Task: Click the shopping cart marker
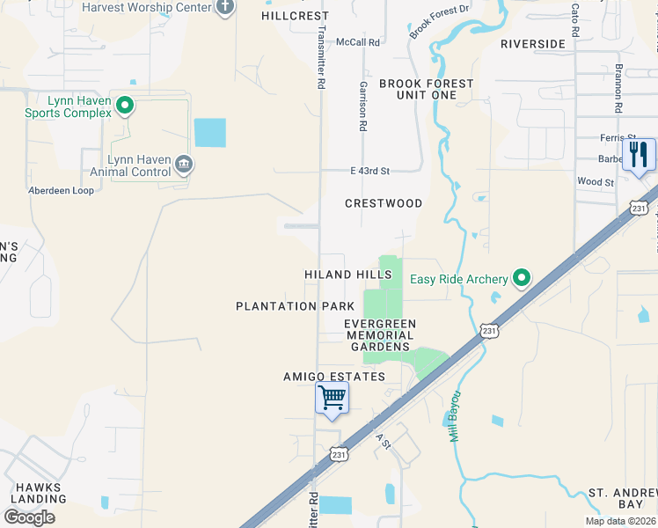(333, 399)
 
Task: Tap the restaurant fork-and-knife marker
(638, 156)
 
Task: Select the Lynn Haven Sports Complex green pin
(125, 106)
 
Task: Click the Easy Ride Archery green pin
(522, 279)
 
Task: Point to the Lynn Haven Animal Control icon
(183, 164)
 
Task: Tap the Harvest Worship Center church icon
(225, 7)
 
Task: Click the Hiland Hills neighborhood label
(348, 275)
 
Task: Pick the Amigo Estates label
(334, 377)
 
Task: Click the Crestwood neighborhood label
(384, 203)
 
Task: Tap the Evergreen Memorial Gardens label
(380, 335)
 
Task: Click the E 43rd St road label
(369, 171)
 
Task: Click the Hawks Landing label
(36, 495)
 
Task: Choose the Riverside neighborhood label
(532, 44)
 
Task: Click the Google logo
(30, 517)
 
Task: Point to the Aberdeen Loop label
(61, 190)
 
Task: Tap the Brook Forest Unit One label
(427, 89)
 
